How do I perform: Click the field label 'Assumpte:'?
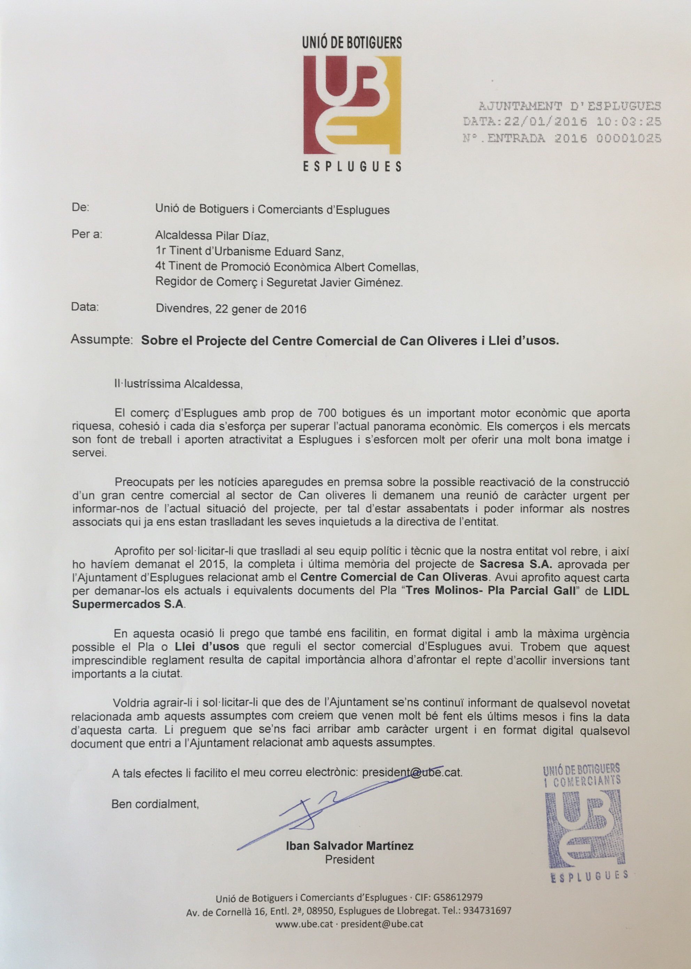point(102,339)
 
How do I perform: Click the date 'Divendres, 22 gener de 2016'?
point(231,309)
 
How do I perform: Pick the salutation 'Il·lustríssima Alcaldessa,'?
point(178,384)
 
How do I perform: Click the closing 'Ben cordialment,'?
point(155,804)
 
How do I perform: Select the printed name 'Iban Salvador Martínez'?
point(349,846)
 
